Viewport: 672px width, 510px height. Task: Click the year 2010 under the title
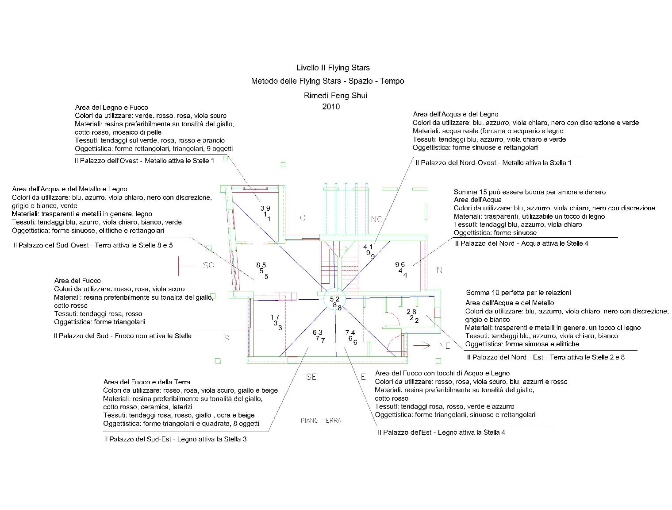331,107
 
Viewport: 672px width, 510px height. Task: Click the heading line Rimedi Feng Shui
335,96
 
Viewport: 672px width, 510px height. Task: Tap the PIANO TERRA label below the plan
321,421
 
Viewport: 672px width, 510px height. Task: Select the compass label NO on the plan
377,219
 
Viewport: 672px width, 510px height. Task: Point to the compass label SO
208,265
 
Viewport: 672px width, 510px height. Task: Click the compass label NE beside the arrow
445,346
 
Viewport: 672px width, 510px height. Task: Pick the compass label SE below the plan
311,377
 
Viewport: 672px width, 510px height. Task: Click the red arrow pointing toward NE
422,345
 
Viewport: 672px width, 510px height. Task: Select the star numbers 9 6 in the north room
400,264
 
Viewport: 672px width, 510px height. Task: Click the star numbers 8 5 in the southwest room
261,265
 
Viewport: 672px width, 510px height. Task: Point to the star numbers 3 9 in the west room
265,208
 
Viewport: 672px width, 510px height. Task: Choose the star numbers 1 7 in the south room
275,317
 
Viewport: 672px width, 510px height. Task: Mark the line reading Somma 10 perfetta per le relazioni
518,293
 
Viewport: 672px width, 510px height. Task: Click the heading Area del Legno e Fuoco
111,108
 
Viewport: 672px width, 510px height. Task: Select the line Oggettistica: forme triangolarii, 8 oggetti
181,424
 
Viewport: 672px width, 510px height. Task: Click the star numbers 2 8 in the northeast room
411,312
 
